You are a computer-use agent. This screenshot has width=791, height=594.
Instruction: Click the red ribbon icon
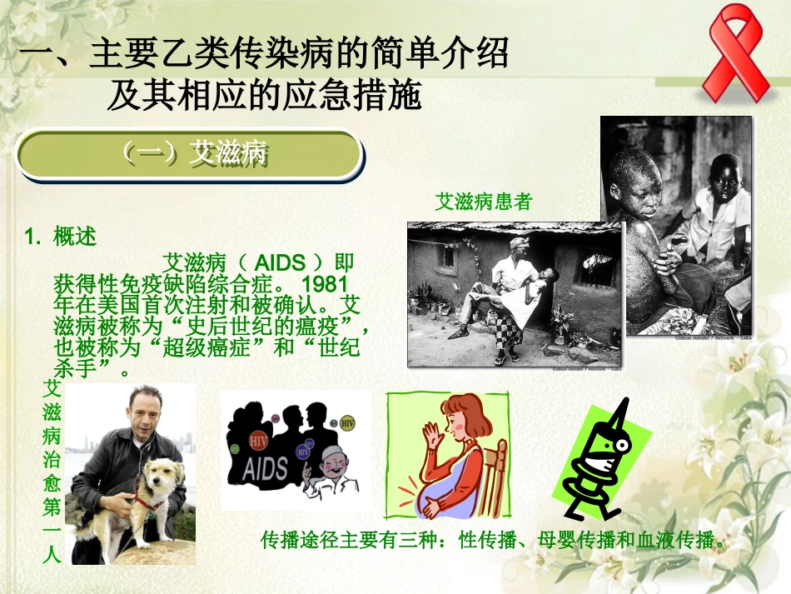733,52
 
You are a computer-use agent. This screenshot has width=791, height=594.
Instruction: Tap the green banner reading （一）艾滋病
192,154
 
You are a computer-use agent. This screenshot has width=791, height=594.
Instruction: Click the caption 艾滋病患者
483,202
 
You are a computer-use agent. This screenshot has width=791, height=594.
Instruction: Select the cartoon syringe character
603,462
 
